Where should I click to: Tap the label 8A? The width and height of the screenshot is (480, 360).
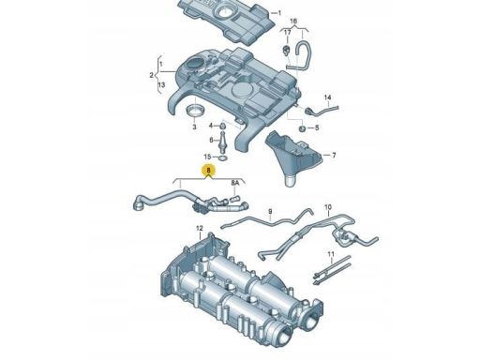click(236, 184)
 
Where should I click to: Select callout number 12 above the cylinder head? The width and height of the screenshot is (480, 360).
click(199, 229)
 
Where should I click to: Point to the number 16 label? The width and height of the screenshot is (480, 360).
click(292, 21)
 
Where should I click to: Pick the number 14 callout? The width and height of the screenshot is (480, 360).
click(328, 98)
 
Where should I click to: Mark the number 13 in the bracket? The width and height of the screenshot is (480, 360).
click(161, 84)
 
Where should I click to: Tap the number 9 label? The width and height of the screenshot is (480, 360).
click(269, 212)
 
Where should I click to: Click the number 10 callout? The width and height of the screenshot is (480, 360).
click(328, 206)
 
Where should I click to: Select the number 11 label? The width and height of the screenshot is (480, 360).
click(331, 255)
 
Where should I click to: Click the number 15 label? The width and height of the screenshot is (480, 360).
click(208, 157)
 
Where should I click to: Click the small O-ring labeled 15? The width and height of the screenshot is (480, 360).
click(223, 157)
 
